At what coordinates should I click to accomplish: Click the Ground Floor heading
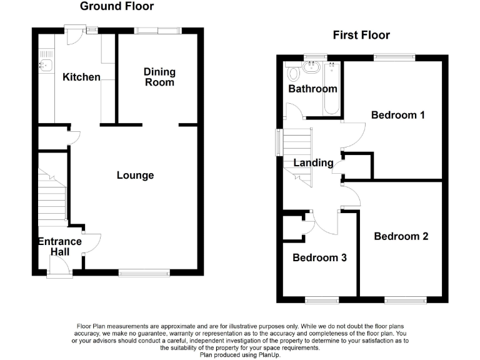(x=117, y=7)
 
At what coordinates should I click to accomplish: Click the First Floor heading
(x=361, y=35)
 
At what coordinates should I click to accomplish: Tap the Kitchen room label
(x=81, y=77)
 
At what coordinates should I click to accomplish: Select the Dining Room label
(x=159, y=77)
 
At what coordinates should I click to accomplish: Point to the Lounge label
(x=135, y=176)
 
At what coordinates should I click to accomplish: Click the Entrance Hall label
(x=60, y=246)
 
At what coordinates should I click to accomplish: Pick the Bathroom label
(x=312, y=89)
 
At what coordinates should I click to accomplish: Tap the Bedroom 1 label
(x=398, y=115)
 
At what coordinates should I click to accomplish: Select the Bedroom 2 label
(x=401, y=236)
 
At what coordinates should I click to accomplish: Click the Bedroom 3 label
(x=319, y=257)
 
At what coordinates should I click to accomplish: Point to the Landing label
(x=314, y=163)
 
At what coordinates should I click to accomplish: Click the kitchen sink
(x=45, y=64)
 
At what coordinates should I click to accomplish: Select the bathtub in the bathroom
(x=330, y=89)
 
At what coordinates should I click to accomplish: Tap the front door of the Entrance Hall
(x=60, y=270)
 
